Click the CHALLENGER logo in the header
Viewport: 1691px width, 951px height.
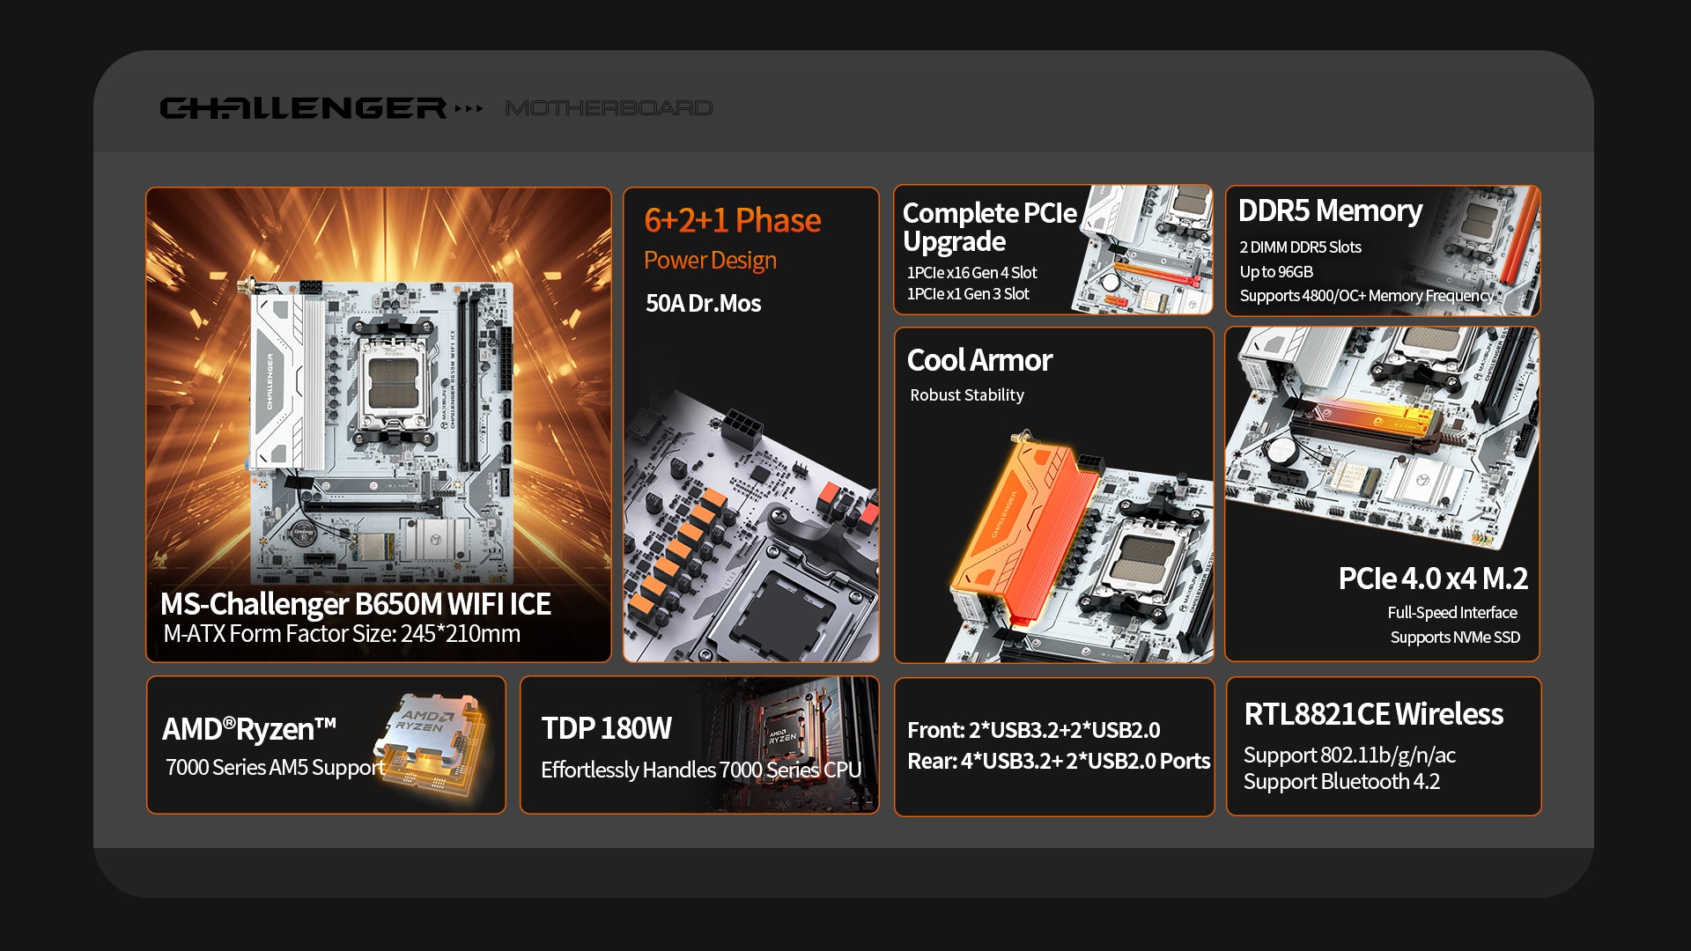point(304,108)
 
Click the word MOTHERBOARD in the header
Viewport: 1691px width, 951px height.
point(609,108)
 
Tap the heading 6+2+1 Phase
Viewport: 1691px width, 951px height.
point(732,220)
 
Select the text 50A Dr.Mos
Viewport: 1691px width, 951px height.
point(703,304)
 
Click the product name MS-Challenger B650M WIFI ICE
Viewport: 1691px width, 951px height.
point(355,604)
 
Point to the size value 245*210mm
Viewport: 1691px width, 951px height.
point(461,634)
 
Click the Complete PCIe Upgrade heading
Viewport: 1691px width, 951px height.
point(989,227)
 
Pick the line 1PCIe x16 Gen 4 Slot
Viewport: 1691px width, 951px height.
point(971,273)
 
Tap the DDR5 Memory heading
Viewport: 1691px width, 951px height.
point(1330,211)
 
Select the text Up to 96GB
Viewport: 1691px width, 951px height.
point(1276,272)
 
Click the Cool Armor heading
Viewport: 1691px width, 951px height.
point(979,360)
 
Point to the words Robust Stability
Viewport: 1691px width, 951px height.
point(967,395)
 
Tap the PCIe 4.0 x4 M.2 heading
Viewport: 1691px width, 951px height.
point(1433,579)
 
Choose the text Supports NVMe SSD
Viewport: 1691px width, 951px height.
point(1455,638)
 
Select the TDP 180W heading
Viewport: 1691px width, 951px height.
point(606,729)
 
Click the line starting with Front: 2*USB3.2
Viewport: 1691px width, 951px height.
point(1033,731)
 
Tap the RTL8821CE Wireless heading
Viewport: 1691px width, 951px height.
point(1373,714)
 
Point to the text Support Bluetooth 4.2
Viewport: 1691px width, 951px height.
point(1341,782)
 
